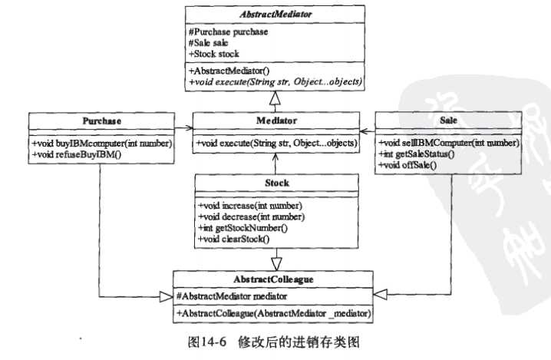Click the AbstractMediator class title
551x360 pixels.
point(274,14)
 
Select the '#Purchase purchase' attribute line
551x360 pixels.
point(227,31)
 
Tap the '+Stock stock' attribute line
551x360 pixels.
point(214,54)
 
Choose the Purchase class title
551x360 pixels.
point(101,121)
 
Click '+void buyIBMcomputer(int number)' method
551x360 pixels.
point(101,144)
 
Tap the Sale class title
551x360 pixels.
point(449,121)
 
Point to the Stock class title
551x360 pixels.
point(274,183)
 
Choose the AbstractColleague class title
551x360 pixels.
point(274,279)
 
